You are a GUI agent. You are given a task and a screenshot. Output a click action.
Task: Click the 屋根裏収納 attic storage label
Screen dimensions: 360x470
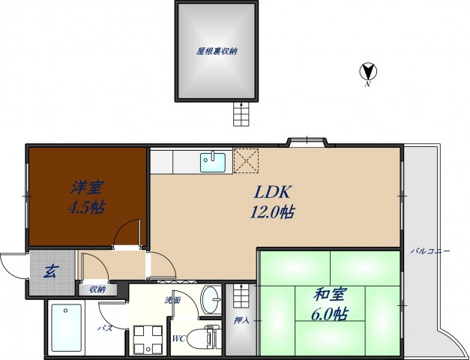(217, 52)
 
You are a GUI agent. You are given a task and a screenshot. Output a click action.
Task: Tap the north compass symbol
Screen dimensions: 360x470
(368, 73)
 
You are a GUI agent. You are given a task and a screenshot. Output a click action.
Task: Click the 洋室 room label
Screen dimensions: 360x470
(87, 185)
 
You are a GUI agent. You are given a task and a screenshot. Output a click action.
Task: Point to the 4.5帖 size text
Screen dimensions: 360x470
(86, 208)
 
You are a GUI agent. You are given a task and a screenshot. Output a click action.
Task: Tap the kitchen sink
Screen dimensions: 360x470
(213, 160)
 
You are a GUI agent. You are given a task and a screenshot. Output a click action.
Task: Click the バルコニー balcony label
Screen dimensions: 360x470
(430, 251)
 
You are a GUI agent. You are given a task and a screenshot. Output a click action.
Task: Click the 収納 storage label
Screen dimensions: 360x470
(97, 289)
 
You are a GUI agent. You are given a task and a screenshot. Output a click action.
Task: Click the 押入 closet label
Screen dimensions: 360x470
(239, 321)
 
